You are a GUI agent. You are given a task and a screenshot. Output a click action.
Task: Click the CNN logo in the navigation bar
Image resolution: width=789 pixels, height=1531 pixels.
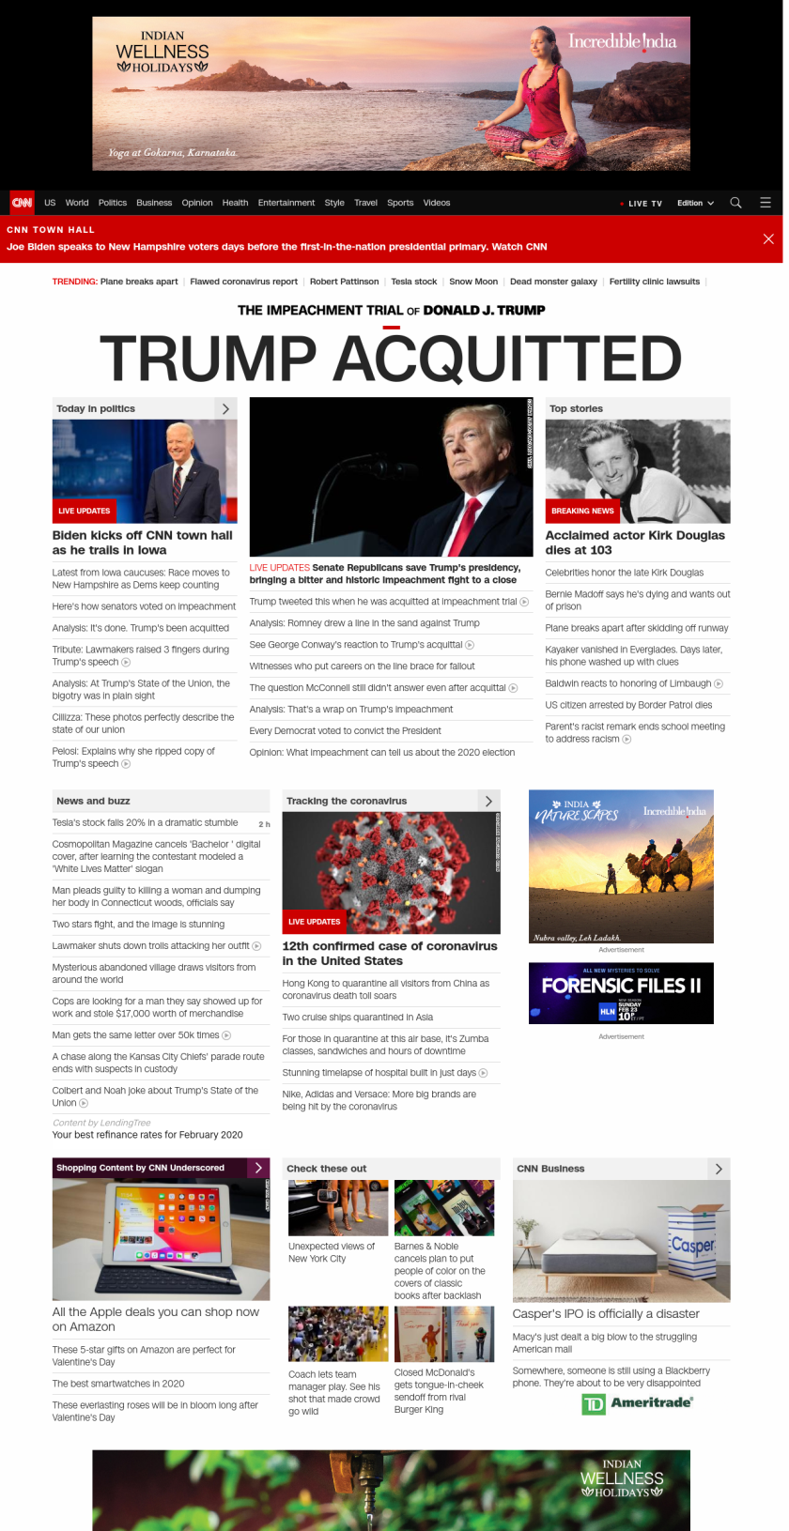pyautogui.click(x=22, y=203)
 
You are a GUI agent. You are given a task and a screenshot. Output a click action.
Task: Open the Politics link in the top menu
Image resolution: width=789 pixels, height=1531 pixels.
pyautogui.click(x=112, y=203)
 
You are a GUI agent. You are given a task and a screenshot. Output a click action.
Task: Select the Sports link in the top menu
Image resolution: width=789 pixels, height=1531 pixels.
pyautogui.click(x=400, y=203)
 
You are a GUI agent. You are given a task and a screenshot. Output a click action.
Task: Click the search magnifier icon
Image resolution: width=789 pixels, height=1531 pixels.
pyautogui.click(x=735, y=203)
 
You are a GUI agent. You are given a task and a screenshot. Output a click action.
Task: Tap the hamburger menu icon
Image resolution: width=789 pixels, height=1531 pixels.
pyautogui.click(x=766, y=203)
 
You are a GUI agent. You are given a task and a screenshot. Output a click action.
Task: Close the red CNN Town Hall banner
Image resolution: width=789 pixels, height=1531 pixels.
pyautogui.click(x=768, y=238)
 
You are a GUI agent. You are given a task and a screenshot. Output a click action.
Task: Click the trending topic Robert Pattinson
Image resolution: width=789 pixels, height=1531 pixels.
pyautogui.click(x=344, y=282)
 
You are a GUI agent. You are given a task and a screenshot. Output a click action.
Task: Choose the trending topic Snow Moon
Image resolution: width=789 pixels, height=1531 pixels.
pyautogui.click(x=473, y=282)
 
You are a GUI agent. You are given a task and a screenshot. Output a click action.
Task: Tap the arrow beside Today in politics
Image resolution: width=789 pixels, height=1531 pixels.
pyautogui.click(x=225, y=408)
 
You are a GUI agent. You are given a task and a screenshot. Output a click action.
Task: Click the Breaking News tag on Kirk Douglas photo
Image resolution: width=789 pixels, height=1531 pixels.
pyautogui.click(x=582, y=511)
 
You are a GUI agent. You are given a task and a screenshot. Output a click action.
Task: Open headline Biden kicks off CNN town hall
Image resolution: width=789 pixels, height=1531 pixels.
pyautogui.click(x=142, y=543)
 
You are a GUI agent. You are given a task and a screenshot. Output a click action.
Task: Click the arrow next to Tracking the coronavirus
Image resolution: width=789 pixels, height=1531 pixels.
pyautogui.click(x=488, y=801)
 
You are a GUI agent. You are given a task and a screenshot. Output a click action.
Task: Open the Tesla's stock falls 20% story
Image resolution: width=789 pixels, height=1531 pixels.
pyautogui.click(x=145, y=822)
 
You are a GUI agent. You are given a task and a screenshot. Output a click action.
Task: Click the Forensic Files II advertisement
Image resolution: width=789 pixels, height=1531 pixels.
pyautogui.click(x=621, y=993)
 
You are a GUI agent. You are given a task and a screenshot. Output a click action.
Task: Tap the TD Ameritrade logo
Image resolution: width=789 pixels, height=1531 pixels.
pyautogui.click(x=638, y=1403)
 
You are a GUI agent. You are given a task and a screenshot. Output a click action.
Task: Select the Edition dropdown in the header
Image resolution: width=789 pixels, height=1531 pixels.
pyautogui.click(x=695, y=203)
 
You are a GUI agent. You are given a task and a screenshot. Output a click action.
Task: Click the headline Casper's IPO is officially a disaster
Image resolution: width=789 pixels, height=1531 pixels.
pyautogui.click(x=606, y=1314)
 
